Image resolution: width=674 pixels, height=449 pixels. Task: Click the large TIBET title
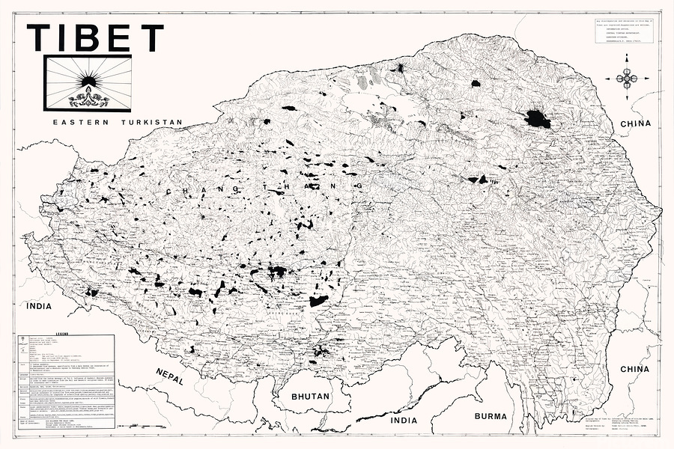pos(95,38)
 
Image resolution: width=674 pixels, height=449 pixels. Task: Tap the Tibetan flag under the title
pos(88,83)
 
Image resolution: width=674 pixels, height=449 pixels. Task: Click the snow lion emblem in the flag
pos(88,98)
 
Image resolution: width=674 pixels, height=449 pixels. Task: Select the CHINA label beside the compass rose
pos(634,123)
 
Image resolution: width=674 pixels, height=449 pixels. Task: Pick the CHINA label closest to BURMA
pos(634,369)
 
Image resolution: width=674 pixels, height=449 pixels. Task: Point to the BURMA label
pos(491,415)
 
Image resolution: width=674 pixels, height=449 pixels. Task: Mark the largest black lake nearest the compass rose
pos(537,119)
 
